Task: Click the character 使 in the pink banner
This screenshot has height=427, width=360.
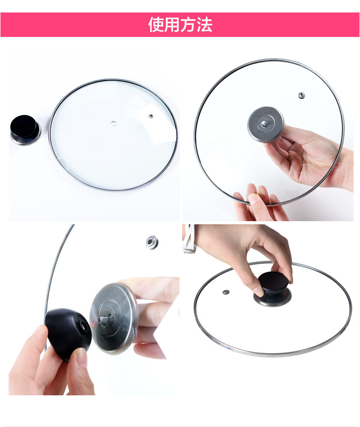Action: point(156,24)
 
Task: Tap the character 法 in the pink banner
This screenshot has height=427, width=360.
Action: point(204,24)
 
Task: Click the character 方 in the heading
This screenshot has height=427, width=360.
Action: point(188,24)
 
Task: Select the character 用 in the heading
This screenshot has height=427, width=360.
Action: point(172,24)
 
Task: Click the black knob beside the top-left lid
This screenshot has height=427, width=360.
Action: point(25,130)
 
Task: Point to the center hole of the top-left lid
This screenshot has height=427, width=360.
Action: point(114,124)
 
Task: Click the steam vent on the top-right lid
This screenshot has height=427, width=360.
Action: point(301,95)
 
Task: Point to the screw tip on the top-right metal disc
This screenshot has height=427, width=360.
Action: point(264,124)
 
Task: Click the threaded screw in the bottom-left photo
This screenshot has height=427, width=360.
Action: point(105,319)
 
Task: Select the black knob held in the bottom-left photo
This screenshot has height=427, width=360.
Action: point(68,334)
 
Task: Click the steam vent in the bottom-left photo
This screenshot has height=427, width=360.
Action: point(152,242)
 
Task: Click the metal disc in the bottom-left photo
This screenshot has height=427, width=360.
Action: point(114,319)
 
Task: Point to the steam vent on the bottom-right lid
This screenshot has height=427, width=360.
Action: point(226,292)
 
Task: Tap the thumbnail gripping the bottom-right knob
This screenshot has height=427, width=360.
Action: point(259,292)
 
